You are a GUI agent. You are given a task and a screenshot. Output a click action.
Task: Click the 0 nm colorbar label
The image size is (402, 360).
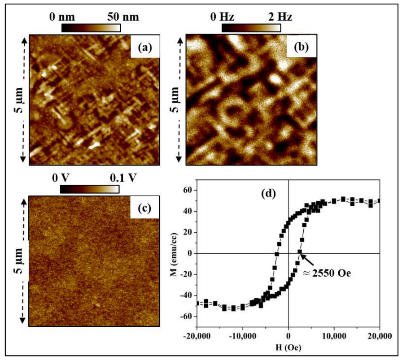click(x=62, y=17)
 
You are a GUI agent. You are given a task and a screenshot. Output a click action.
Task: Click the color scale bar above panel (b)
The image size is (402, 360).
click(x=251, y=28)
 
